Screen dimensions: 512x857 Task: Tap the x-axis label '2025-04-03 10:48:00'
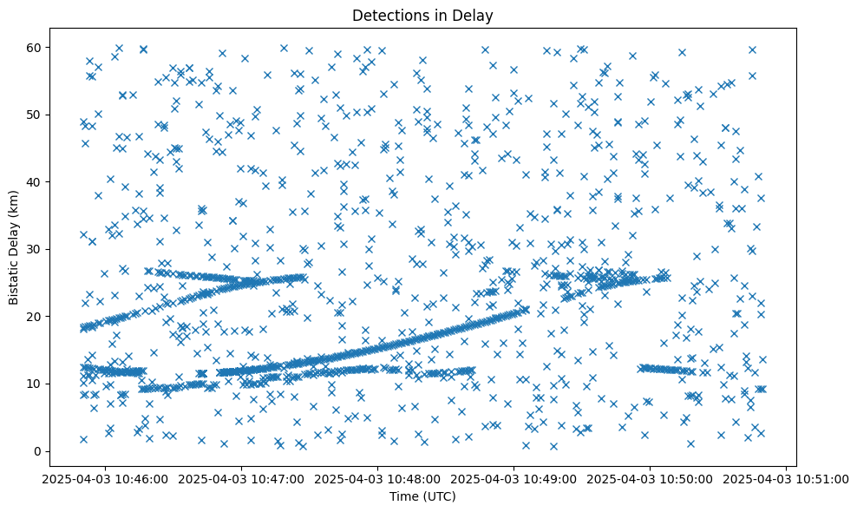pyautogui.click(x=377, y=478)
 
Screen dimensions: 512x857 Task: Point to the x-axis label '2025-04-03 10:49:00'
pyautogui.click(x=514, y=478)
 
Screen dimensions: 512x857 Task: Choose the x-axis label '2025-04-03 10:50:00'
pyautogui.click(x=650, y=478)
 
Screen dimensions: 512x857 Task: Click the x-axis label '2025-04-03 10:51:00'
pyautogui.click(x=786, y=478)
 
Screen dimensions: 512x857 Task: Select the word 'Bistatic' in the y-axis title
pyautogui.click(x=14, y=279)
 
